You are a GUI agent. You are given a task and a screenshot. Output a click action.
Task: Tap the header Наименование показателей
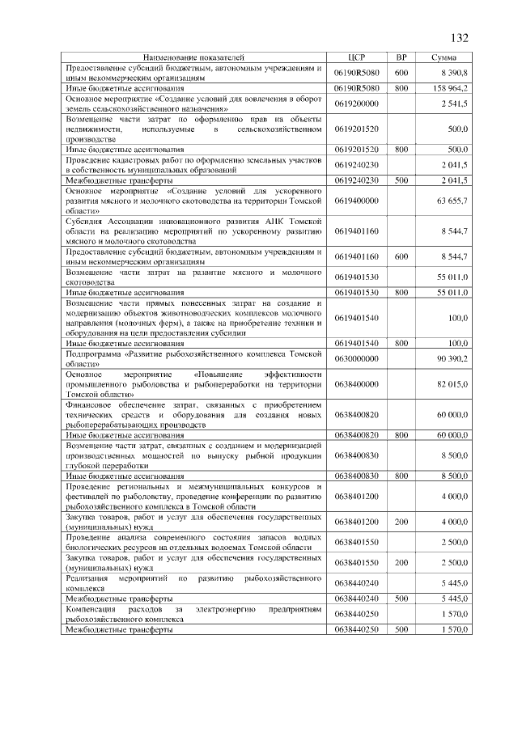tap(193, 58)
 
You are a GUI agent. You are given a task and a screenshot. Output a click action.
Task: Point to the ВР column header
tap(400, 58)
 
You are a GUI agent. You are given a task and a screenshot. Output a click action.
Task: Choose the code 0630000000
tap(356, 358)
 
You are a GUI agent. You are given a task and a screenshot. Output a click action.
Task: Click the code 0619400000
tap(356, 199)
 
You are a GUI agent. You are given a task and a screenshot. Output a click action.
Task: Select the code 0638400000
tap(356, 385)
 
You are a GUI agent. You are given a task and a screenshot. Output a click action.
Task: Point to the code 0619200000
tap(356, 104)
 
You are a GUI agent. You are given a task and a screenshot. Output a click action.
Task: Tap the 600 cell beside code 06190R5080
tap(400, 73)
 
